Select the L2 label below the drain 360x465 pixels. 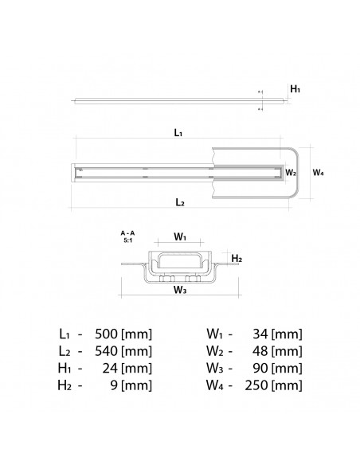[179, 204]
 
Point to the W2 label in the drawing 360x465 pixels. [292, 171]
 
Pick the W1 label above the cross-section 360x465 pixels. [180, 237]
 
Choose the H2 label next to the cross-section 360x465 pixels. [237, 259]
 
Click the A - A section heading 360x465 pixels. [127, 232]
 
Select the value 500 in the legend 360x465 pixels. [109, 334]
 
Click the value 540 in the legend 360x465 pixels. [109, 352]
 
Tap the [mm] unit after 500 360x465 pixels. [138, 334]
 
